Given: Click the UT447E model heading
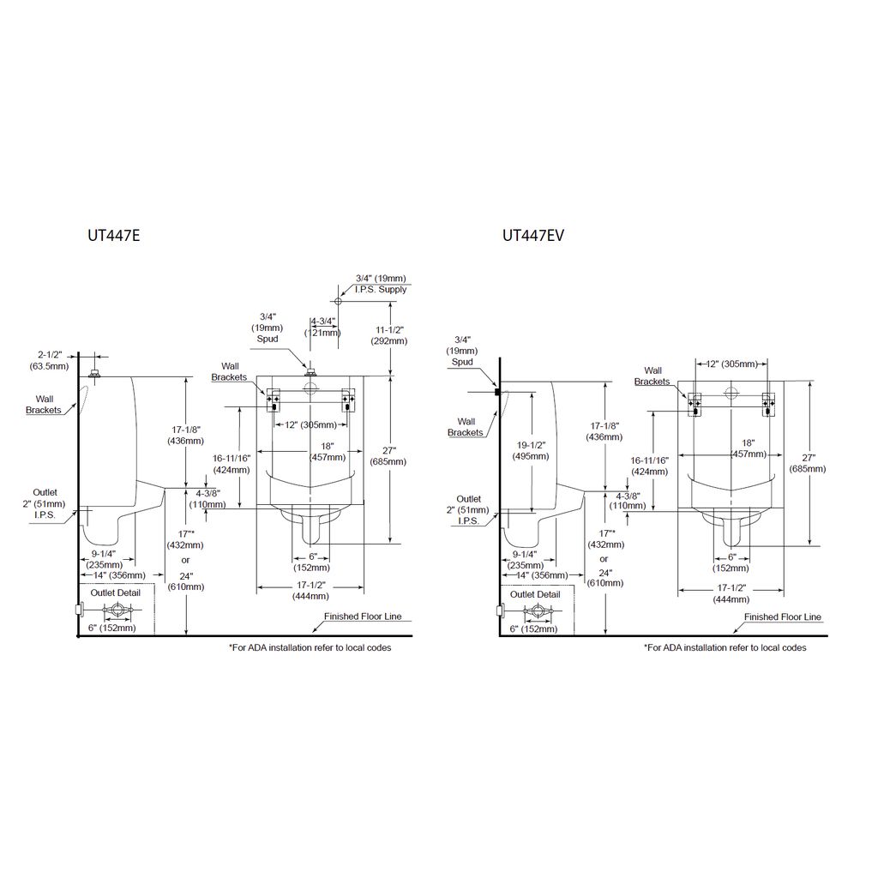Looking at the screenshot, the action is (114, 236).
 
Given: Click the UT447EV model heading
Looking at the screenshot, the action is (533, 236).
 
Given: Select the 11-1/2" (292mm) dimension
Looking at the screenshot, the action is (389, 335).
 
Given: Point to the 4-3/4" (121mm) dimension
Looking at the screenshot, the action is (323, 327).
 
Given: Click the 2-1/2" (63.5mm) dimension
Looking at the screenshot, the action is (49, 361).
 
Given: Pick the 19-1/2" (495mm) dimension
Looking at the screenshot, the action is (531, 451).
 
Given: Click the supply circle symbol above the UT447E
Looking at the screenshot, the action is (338, 301).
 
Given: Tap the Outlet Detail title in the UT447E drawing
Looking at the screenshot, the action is (116, 593).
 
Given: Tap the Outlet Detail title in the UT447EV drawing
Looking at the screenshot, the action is (535, 595).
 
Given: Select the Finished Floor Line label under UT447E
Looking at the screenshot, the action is (363, 616).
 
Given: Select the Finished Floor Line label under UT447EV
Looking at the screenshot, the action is (783, 617).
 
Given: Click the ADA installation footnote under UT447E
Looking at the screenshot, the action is (310, 648).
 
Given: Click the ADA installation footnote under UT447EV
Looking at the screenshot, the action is (725, 648).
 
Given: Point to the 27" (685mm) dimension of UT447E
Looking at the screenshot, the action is (388, 456).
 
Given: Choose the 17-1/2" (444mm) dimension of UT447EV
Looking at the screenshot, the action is (731, 593).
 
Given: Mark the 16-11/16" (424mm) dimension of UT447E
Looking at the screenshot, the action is (232, 464).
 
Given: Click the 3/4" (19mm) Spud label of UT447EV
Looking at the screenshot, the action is (462, 351).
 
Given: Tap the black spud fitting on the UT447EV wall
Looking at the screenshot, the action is (497, 393).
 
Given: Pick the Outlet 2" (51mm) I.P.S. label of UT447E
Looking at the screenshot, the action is (45, 504).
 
